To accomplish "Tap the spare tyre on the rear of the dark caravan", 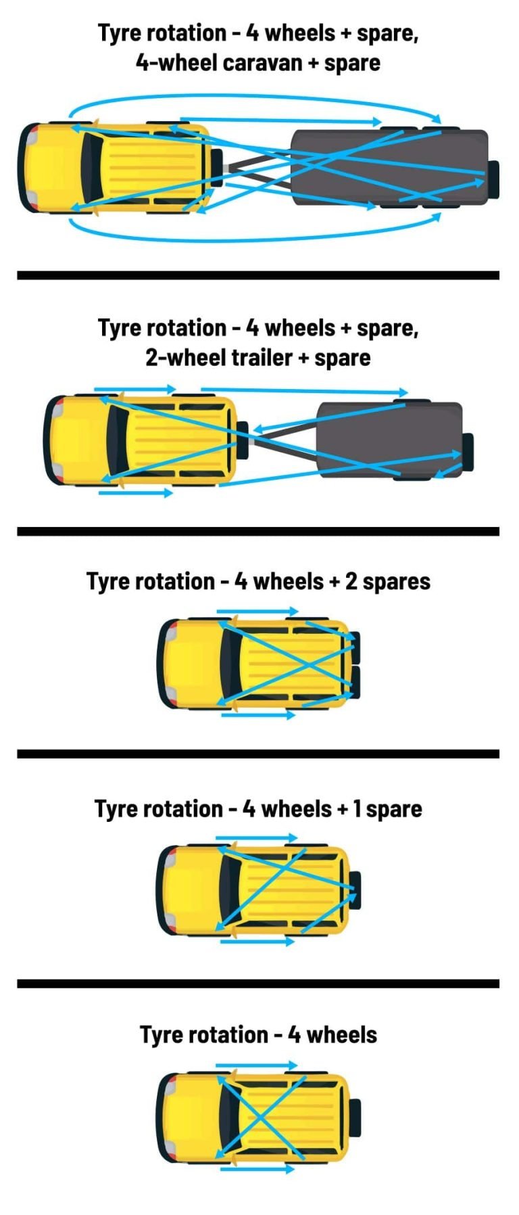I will (493, 179).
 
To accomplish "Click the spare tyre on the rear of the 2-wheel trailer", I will (468, 452).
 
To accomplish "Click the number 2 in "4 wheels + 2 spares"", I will (351, 581).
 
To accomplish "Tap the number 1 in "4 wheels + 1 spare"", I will (357, 808).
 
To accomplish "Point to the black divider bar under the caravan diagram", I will (258, 275).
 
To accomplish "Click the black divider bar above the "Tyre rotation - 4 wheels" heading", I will (258, 983).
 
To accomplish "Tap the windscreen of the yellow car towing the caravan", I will (89, 167).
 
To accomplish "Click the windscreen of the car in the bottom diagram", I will (226, 1117).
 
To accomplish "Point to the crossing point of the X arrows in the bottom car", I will (259, 1118).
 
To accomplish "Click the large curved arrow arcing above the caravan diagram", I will (257, 97).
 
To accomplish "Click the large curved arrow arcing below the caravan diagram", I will (257, 239).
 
